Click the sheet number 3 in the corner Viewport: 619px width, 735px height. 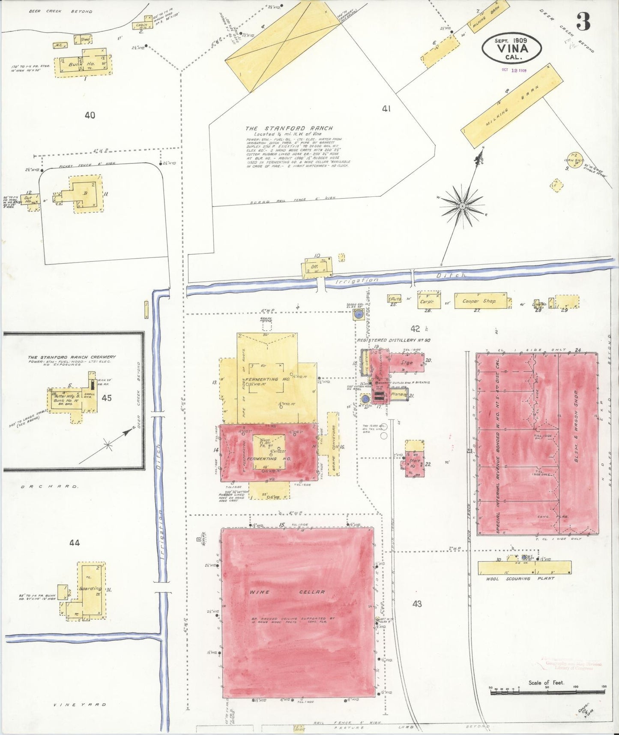pyautogui.click(x=583, y=21)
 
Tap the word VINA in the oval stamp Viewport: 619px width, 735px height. pyautogui.click(x=511, y=48)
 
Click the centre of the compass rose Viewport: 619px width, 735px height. pyautogui.click(x=462, y=206)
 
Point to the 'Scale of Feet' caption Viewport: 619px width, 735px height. pyautogui.click(x=546, y=682)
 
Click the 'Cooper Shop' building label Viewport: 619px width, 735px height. pyautogui.click(x=479, y=301)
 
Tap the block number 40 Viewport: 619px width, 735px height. pyautogui.click(x=90, y=115)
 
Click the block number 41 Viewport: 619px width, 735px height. pyautogui.click(x=386, y=109)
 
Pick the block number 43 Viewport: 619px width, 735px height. pyautogui.click(x=417, y=604)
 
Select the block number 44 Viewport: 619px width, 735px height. pyautogui.click(x=75, y=543)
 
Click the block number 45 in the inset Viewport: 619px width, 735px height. pyautogui.click(x=107, y=398)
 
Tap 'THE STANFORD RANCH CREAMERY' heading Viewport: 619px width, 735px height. pyautogui.click(x=72, y=357)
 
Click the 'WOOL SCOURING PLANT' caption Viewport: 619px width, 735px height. pyautogui.click(x=520, y=578)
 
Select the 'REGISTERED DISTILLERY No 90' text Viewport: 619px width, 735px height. pyautogui.click(x=394, y=340)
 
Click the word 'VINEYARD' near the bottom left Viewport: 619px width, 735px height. pyautogui.click(x=80, y=705)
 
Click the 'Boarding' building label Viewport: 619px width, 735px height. pyautogui.click(x=90, y=588)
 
